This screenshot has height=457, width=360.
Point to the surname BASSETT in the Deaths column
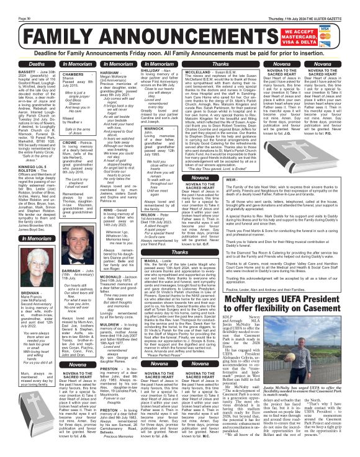click(x=13, y=72)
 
